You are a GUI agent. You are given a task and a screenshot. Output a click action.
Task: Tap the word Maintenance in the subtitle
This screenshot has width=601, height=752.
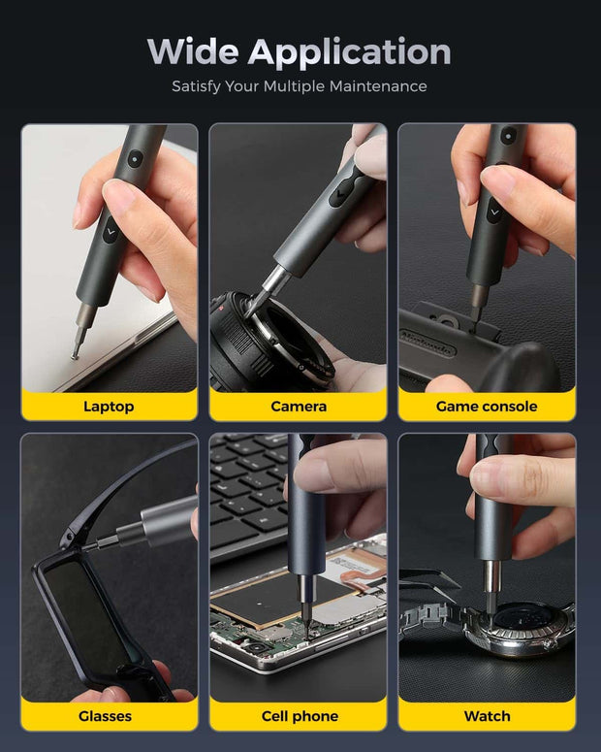[377, 86]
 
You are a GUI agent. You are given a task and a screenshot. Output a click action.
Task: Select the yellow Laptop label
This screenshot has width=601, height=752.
[109, 406]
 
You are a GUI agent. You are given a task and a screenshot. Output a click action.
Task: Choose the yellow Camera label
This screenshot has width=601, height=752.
[298, 406]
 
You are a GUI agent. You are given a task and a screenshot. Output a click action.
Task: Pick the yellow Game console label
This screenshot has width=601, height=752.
[487, 406]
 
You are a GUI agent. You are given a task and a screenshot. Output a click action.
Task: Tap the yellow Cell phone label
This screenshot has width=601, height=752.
[300, 716]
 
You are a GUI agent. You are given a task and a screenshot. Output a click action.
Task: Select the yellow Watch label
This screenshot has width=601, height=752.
[487, 716]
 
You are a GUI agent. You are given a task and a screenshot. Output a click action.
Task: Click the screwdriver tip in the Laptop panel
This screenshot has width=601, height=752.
[75, 355]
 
